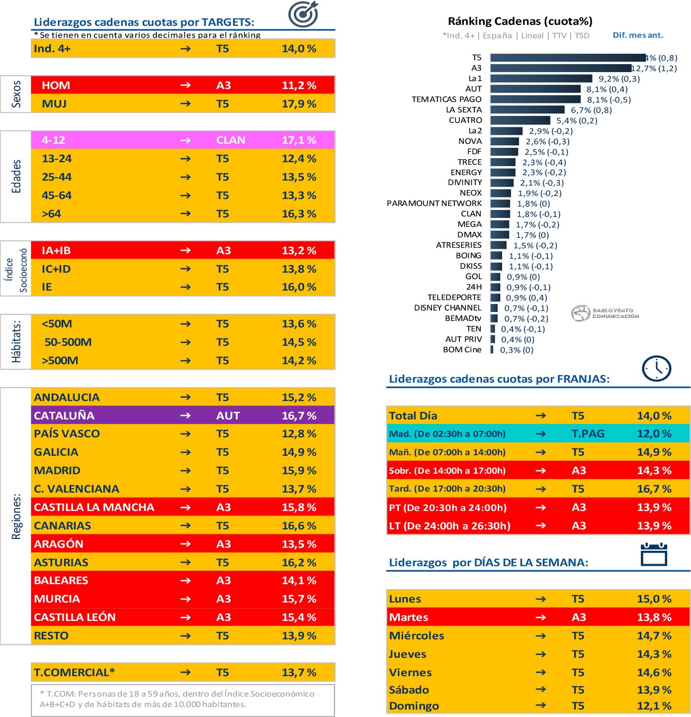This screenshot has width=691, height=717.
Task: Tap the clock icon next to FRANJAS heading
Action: [x=656, y=369]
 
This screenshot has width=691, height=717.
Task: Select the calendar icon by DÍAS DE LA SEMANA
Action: [x=653, y=554]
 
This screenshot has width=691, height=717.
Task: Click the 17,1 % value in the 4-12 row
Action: [x=299, y=140]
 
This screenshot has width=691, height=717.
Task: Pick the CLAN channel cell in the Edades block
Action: [x=231, y=140]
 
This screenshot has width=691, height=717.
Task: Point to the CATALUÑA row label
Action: [x=64, y=415]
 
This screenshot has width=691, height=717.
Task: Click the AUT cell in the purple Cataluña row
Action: [x=228, y=415]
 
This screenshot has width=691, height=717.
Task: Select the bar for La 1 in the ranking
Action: [x=541, y=79]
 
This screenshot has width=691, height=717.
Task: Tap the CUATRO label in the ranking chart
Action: [x=465, y=120]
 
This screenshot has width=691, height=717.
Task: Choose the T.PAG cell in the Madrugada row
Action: [x=588, y=434]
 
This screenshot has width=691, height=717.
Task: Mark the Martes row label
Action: [x=409, y=617]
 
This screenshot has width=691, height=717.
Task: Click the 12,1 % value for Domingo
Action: [x=654, y=706]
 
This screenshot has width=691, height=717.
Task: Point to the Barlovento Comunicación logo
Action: [x=605, y=313]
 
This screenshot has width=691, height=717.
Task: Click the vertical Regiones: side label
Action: [x=16, y=516]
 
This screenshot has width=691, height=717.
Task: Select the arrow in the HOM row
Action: [x=185, y=86]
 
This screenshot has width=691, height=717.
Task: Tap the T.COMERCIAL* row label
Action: [x=74, y=673]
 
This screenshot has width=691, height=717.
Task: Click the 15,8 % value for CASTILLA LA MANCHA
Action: [x=299, y=508]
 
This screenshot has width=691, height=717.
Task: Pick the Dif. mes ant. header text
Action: [x=638, y=35]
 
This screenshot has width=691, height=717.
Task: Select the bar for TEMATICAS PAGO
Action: [x=535, y=100]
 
